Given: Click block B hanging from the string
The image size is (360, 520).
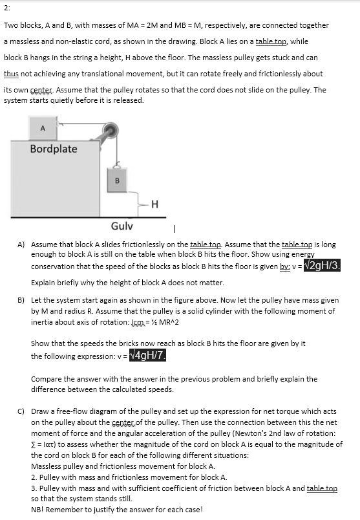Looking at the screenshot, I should click(x=117, y=180).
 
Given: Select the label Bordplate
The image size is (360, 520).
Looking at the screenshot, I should click(x=54, y=149).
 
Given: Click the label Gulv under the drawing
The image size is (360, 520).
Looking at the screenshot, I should click(x=122, y=226).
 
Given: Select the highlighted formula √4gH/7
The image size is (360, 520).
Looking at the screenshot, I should click(x=147, y=355).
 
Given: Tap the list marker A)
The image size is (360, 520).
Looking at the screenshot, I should click(x=21, y=245).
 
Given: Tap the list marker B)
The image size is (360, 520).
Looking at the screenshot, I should click(x=21, y=301).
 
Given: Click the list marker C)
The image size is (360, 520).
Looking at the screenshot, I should click(x=21, y=411).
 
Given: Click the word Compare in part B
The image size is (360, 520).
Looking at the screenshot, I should click(x=47, y=378).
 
